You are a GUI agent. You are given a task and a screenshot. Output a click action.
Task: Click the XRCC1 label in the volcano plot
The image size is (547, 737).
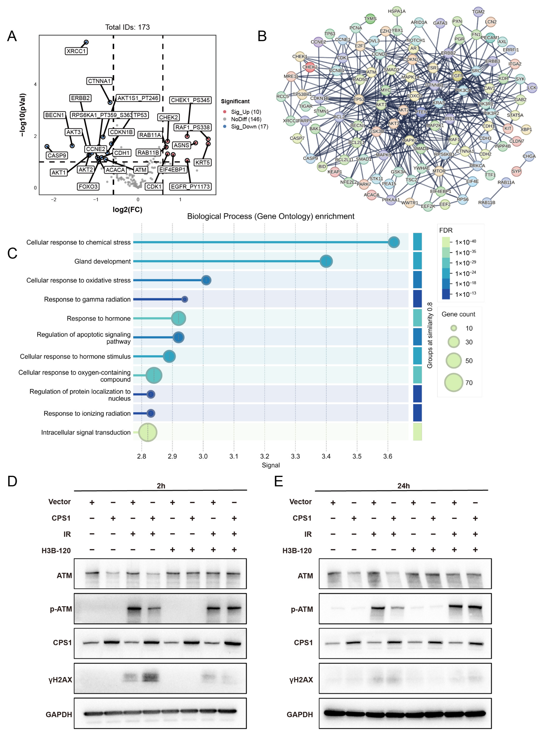click(76, 51)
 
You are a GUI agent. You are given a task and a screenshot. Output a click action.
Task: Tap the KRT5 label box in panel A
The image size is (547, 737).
click(202, 162)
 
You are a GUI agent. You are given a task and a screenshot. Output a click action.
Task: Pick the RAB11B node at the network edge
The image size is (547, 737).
click(487, 202)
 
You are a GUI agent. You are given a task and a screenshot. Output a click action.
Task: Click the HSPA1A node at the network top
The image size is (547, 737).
click(397, 11)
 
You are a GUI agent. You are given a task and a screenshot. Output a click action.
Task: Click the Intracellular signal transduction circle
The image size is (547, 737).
click(148, 432)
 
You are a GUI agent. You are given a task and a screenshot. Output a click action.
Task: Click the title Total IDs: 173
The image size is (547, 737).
click(128, 27)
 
